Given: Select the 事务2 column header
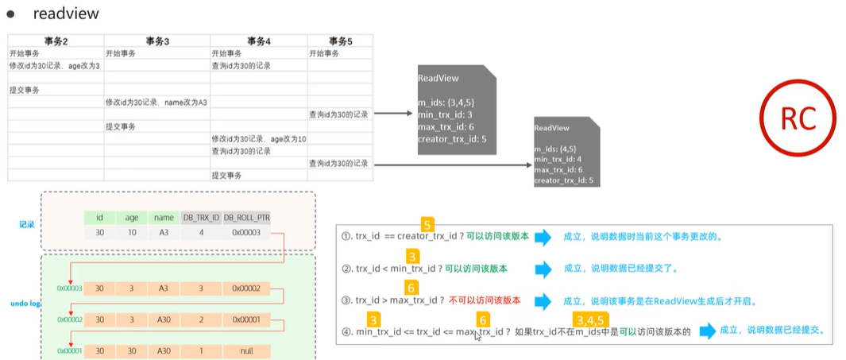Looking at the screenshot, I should pos(55,41).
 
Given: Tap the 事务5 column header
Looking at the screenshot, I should pos(339,41).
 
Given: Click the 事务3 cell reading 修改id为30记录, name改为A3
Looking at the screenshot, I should pos(156,103).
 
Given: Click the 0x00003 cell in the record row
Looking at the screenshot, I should pos(247,232).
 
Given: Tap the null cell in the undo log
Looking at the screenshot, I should pos(247,350).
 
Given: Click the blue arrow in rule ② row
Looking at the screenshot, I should pos(543,269).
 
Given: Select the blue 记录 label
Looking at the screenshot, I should pos(26,224).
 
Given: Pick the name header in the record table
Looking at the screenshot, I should pos(164,217).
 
